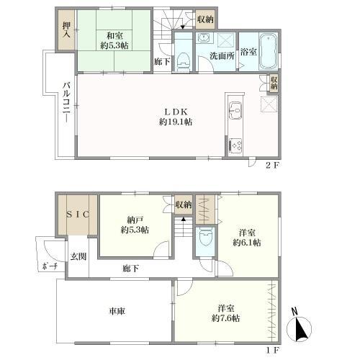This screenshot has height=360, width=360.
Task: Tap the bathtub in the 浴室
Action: pyautogui.click(x=269, y=51)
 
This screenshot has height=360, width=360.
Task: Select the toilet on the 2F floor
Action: pyautogui.click(x=184, y=63)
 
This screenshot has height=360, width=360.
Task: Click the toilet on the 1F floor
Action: pyautogui.click(x=206, y=237)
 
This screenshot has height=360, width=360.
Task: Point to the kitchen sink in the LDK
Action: pyautogui.click(x=235, y=111)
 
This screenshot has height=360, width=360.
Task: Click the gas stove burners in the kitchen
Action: pyautogui.click(x=235, y=145)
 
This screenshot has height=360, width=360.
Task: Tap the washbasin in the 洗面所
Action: pyautogui.click(x=204, y=38)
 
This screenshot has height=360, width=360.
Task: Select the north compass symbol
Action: pyautogui.click(x=299, y=326)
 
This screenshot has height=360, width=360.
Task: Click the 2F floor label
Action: pyautogui.click(x=273, y=165)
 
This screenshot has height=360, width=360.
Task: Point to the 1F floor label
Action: pyautogui.click(x=273, y=350)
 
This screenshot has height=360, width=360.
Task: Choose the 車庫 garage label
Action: pyautogui.click(x=117, y=311)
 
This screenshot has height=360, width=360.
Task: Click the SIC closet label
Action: pyautogui.click(x=78, y=214)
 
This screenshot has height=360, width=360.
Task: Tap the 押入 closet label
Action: pyautogui.click(x=66, y=30)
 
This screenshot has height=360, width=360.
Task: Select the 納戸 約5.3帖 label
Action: pyautogui.click(x=135, y=225)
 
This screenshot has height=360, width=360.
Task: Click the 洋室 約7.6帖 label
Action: pyautogui.click(x=225, y=313)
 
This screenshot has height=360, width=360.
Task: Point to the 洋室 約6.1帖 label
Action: pyautogui.click(x=247, y=238)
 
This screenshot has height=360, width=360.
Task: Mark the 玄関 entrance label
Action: pyautogui.click(x=78, y=256)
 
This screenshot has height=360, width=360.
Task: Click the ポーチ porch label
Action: pyautogui.click(x=50, y=266)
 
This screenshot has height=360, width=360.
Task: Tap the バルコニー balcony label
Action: pyautogui.click(x=66, y=102)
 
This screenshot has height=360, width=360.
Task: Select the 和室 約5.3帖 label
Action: pyautogui.click(x=114, y=40)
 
